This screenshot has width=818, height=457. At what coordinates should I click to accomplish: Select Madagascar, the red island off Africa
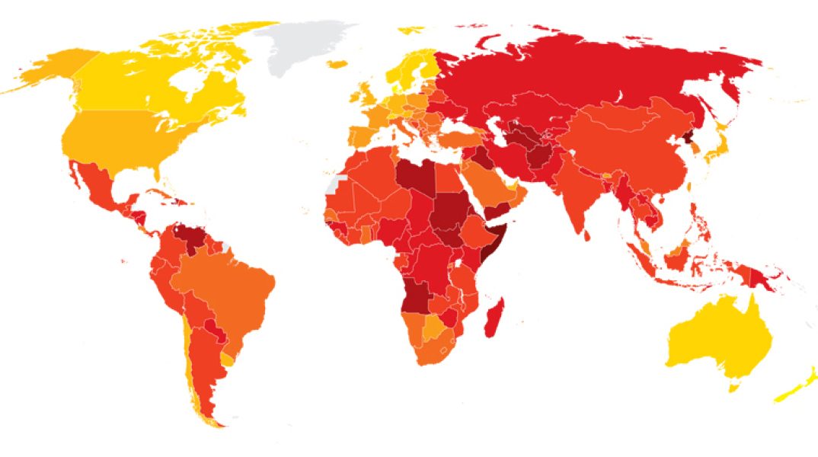coord(494,318)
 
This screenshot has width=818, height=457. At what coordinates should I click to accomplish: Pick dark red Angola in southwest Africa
coord(418,293)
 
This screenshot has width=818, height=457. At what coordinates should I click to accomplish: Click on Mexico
coord(95,187)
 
